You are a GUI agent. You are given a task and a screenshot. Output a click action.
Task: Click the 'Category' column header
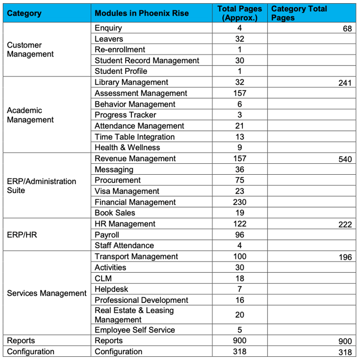click(x=24, y=13)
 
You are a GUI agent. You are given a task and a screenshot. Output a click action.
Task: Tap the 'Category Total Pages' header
click(x=299, y=13)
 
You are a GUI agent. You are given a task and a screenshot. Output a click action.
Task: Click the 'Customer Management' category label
click(x=30, y=50)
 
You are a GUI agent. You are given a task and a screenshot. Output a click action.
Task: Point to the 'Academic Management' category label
click(x=30, y=115)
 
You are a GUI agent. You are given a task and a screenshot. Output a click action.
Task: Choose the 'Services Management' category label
click(x=47, y=293)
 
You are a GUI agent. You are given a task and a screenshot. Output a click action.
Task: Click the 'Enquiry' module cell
click(x=108, y=28)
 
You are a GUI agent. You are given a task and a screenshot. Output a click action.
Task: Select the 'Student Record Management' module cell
click(x=147, y=61)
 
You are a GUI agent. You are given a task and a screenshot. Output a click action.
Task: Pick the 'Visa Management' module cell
click(x=127, y=191)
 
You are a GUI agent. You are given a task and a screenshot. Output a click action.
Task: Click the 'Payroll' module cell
click(x=107, y=235)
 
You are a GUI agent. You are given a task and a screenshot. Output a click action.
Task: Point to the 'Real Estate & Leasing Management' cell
click(x=134, y=315)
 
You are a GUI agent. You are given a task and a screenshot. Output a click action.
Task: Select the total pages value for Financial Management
click(x=240, y=202)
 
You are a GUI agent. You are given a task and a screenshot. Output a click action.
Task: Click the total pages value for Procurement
click(x=240, y=180)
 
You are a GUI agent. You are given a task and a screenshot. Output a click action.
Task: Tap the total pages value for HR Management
click(x=240, y=224)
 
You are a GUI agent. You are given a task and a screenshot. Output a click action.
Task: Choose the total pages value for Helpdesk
click(x=240, y=289)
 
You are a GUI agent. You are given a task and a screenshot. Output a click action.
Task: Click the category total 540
click(x=345, y=159)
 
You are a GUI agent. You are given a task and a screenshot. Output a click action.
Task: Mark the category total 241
click(x=345, y=83)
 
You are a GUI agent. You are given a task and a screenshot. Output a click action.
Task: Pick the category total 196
click(x=345, y=257)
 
